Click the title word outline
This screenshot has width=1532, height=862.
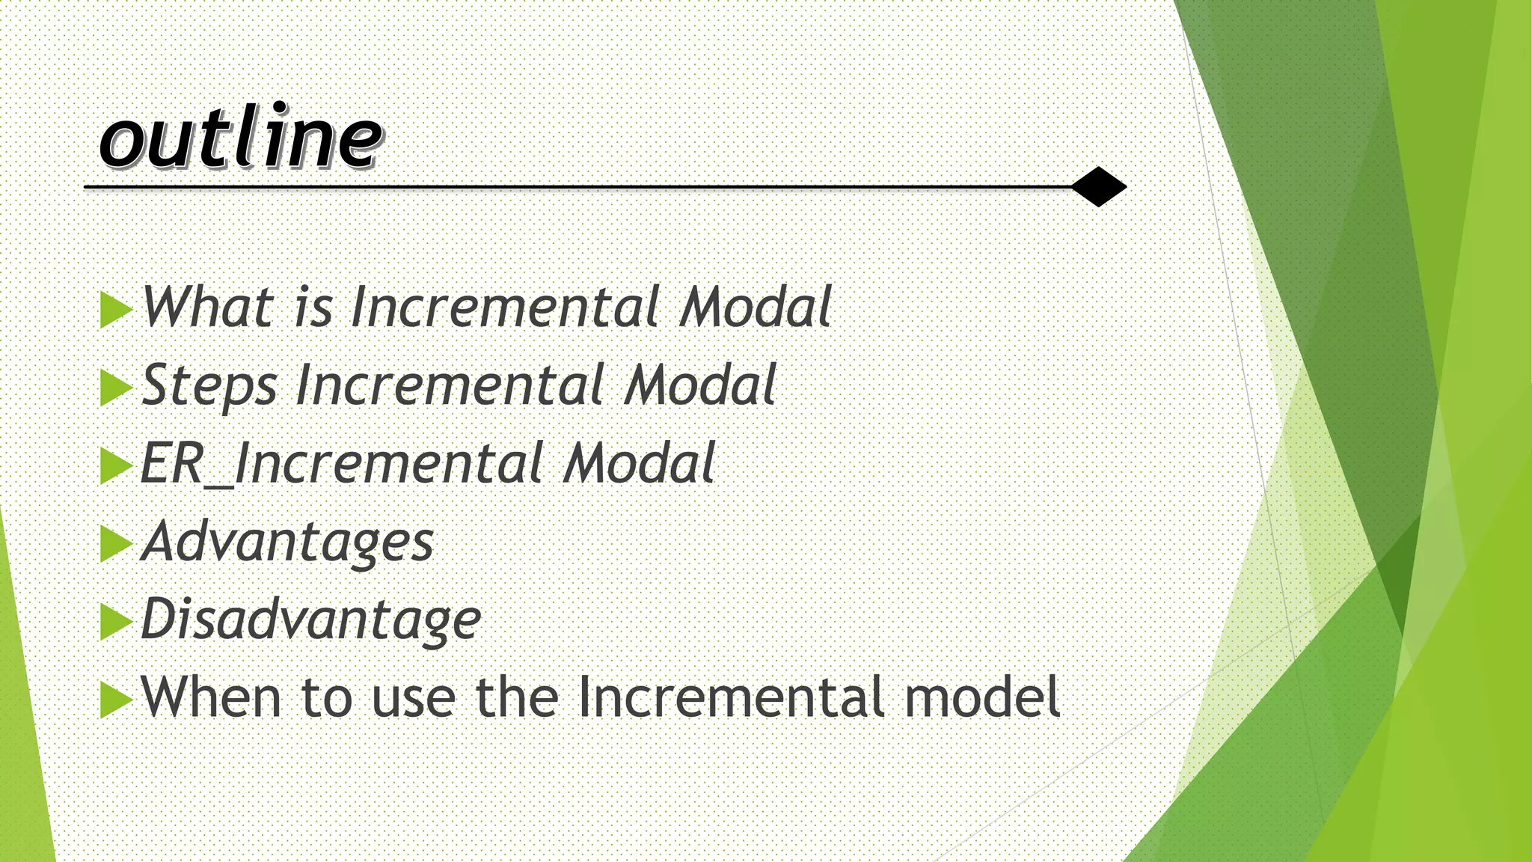pyautogui.click(x=241, y=137)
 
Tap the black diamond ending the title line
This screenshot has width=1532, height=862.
pyautogui.click(x=1098, y=186)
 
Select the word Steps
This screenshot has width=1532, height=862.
pyautogui.click(x=209, y=385)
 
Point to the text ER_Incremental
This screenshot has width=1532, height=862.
pyautogui.click(x=341, y=463)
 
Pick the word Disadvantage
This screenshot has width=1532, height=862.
pyautogui.click(x=310, y=620)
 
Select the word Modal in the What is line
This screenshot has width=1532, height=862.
pyautogui.click(x=756, y=307)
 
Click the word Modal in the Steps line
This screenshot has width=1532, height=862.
pyautogui.click(x=701, y=385)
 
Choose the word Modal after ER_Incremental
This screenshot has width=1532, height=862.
pyautogui.click(x=640, y=463)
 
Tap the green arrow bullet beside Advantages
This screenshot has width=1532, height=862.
pyautogui.click(x=115, y=543)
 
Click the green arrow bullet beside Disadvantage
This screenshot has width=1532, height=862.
pyautogui.click(x=115, y=621)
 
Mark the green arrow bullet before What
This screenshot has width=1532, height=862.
pyautogui.click(x=115, y=309)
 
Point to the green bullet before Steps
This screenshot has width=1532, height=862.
pyautogui.click(x=115, y=388)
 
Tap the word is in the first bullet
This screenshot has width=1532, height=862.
pyautogui.click(x=313, y=307)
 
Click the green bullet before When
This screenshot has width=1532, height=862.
pyautogui.click(x=115, y=699)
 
